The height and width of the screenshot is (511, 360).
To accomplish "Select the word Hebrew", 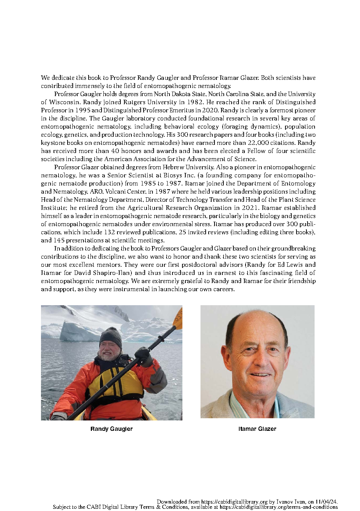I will click(174, 167).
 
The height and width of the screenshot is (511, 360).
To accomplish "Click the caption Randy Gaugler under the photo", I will click(112, 429).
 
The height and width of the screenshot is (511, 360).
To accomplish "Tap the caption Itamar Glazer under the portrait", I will click(257, 429).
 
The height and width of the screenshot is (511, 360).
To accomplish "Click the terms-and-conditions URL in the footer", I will click(279, 507).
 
